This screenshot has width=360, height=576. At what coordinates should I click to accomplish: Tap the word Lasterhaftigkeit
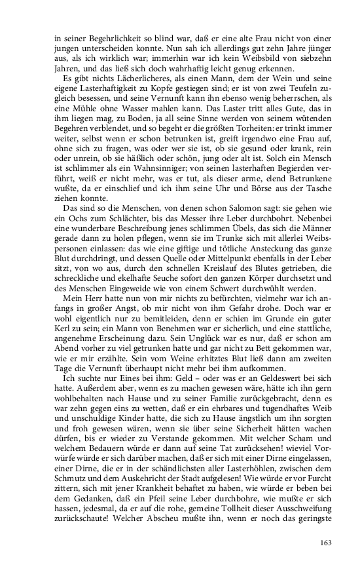tap(115, 88)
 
